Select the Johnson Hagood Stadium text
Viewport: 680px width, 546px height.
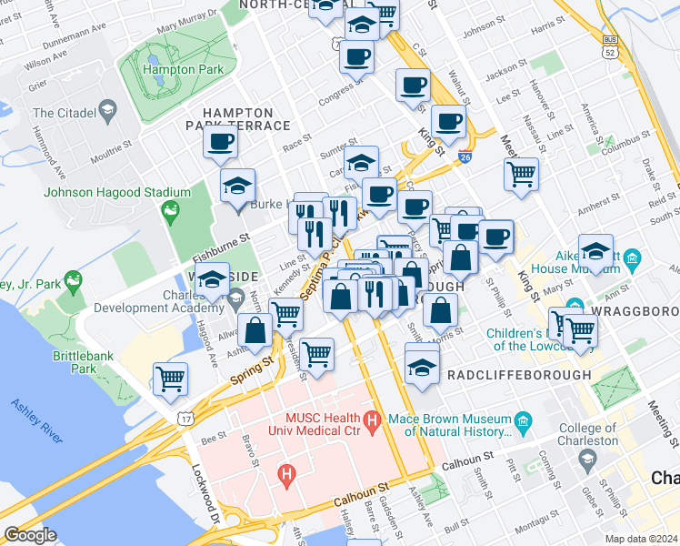[x=117, y=192]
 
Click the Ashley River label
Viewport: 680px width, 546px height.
[x=36, y=421]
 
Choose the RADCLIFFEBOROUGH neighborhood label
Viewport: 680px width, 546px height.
[x=518, y=375]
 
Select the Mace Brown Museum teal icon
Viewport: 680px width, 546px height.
[x=523, y=420]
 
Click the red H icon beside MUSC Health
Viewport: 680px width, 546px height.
[x=370, y=420]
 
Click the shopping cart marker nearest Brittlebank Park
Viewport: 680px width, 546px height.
[x=171, y=379]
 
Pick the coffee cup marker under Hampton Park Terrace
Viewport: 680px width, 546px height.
[x=219, y=144]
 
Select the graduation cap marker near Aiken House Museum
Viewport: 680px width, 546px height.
[x=595, y=252]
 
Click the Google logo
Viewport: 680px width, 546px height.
[x=30, y=535]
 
